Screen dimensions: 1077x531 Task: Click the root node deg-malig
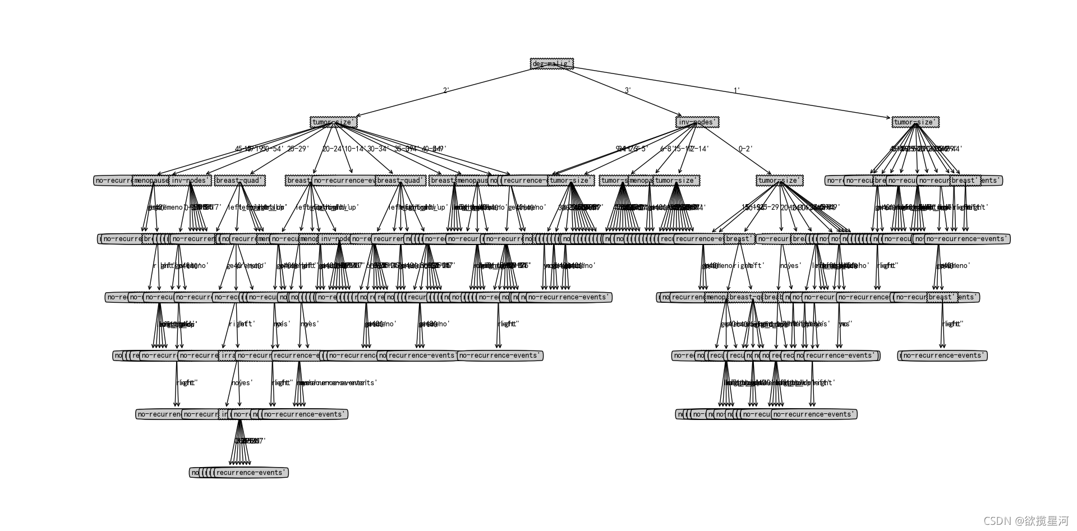point(552,64)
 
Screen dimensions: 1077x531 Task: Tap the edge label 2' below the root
point(446,90)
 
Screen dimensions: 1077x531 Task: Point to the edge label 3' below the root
point(628,90)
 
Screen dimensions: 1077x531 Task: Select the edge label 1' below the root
point(737,90)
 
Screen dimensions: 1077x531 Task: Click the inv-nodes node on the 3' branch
point(697,122)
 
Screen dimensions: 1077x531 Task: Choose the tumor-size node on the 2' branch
point(333,122)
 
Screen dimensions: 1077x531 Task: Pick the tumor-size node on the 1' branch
point(915,122)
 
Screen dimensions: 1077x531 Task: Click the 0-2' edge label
point(745,149)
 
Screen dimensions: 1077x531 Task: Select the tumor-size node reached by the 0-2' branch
point(780,181)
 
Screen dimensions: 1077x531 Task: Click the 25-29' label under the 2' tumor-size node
point(298,149)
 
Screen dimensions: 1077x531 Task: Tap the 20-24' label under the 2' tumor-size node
point(332,149)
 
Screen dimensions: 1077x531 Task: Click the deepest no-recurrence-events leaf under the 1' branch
point(943,355)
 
